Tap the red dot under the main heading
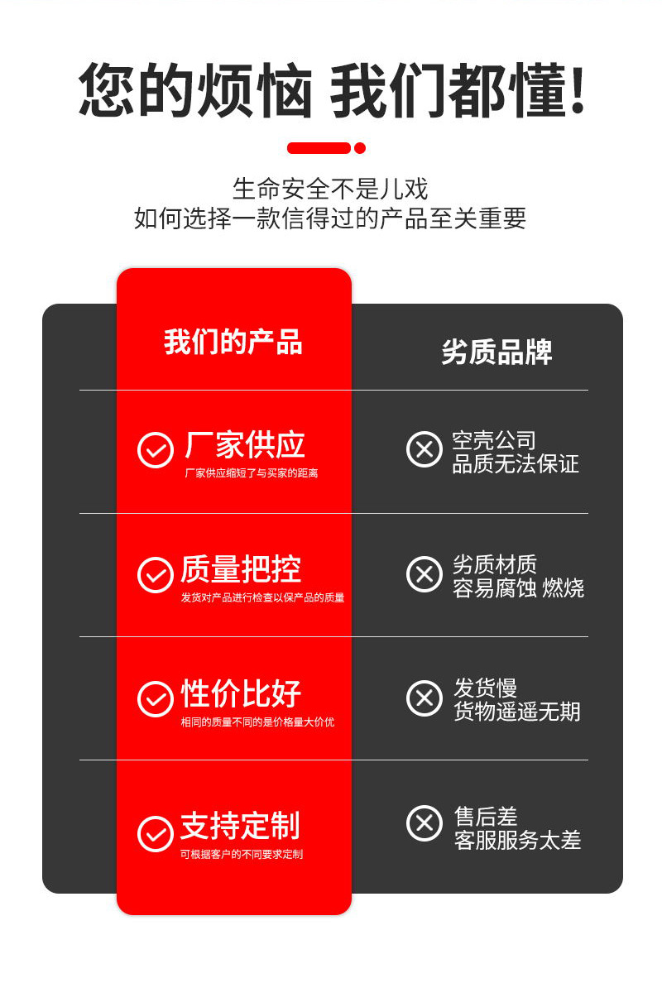pos(360,148)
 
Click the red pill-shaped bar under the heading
pos(319,148)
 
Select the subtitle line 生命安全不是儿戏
pos(330,189)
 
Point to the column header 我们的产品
pos(233,342)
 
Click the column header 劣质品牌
pos(496,352)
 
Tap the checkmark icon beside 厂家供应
pos(155,450)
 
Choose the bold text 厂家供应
pos(244,445)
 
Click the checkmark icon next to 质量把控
pos(155,574)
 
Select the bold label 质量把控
pos(241,569)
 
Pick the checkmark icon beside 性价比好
pos(155,698)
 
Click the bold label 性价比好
pos(241,693)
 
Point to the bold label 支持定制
pos(240,826)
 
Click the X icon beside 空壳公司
pos(425,449)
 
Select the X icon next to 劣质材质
pos(425,574)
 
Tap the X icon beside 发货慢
pos(425,698)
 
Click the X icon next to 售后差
pos(425,823)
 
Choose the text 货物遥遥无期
pos(516,712)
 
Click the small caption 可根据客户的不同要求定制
pos(242,854)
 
